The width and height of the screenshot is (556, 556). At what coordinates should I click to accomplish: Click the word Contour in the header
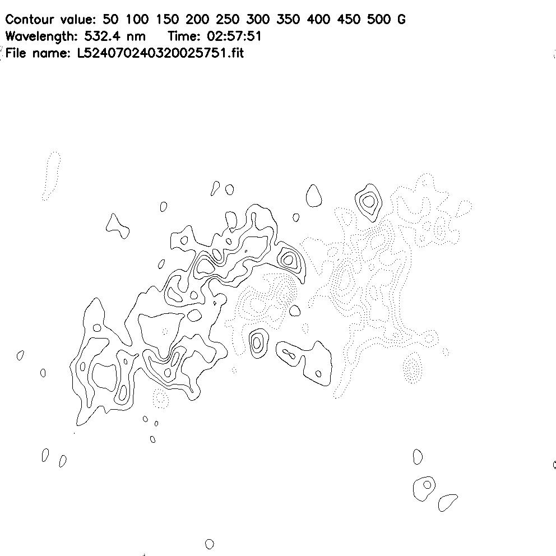30,19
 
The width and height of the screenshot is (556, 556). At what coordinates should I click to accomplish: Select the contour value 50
110,19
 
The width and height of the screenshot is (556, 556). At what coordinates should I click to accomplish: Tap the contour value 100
137,19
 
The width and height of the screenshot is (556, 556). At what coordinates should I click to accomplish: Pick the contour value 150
168,19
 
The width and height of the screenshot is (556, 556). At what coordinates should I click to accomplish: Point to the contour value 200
197,19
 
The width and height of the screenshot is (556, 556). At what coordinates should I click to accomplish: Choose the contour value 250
228,19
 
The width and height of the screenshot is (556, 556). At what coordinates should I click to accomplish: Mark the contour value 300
258,19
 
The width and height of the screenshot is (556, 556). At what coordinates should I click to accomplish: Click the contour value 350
288,19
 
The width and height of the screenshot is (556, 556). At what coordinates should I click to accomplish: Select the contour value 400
318,19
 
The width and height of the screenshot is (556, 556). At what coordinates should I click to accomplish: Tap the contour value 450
349,19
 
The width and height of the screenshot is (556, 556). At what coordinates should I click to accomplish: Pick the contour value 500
379,19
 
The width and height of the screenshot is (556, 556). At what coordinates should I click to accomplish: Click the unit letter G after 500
401,19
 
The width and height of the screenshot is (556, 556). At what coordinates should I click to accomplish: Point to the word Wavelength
41,36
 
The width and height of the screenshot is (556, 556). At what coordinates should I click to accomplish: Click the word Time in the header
182,36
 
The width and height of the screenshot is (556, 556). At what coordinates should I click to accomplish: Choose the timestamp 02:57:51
234,36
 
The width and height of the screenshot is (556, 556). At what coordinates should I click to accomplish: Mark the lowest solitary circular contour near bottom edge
210,544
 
